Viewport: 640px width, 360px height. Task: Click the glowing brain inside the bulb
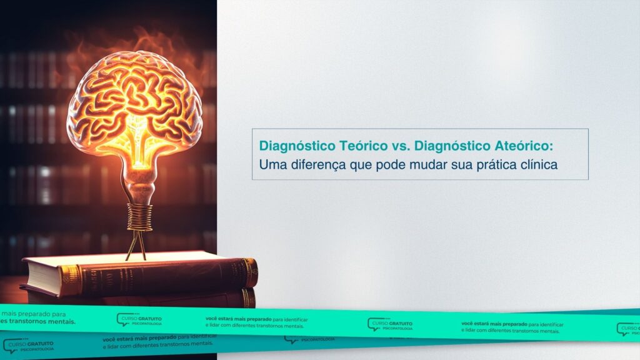coord(135,100)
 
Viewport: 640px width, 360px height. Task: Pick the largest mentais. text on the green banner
coord(59,321)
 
